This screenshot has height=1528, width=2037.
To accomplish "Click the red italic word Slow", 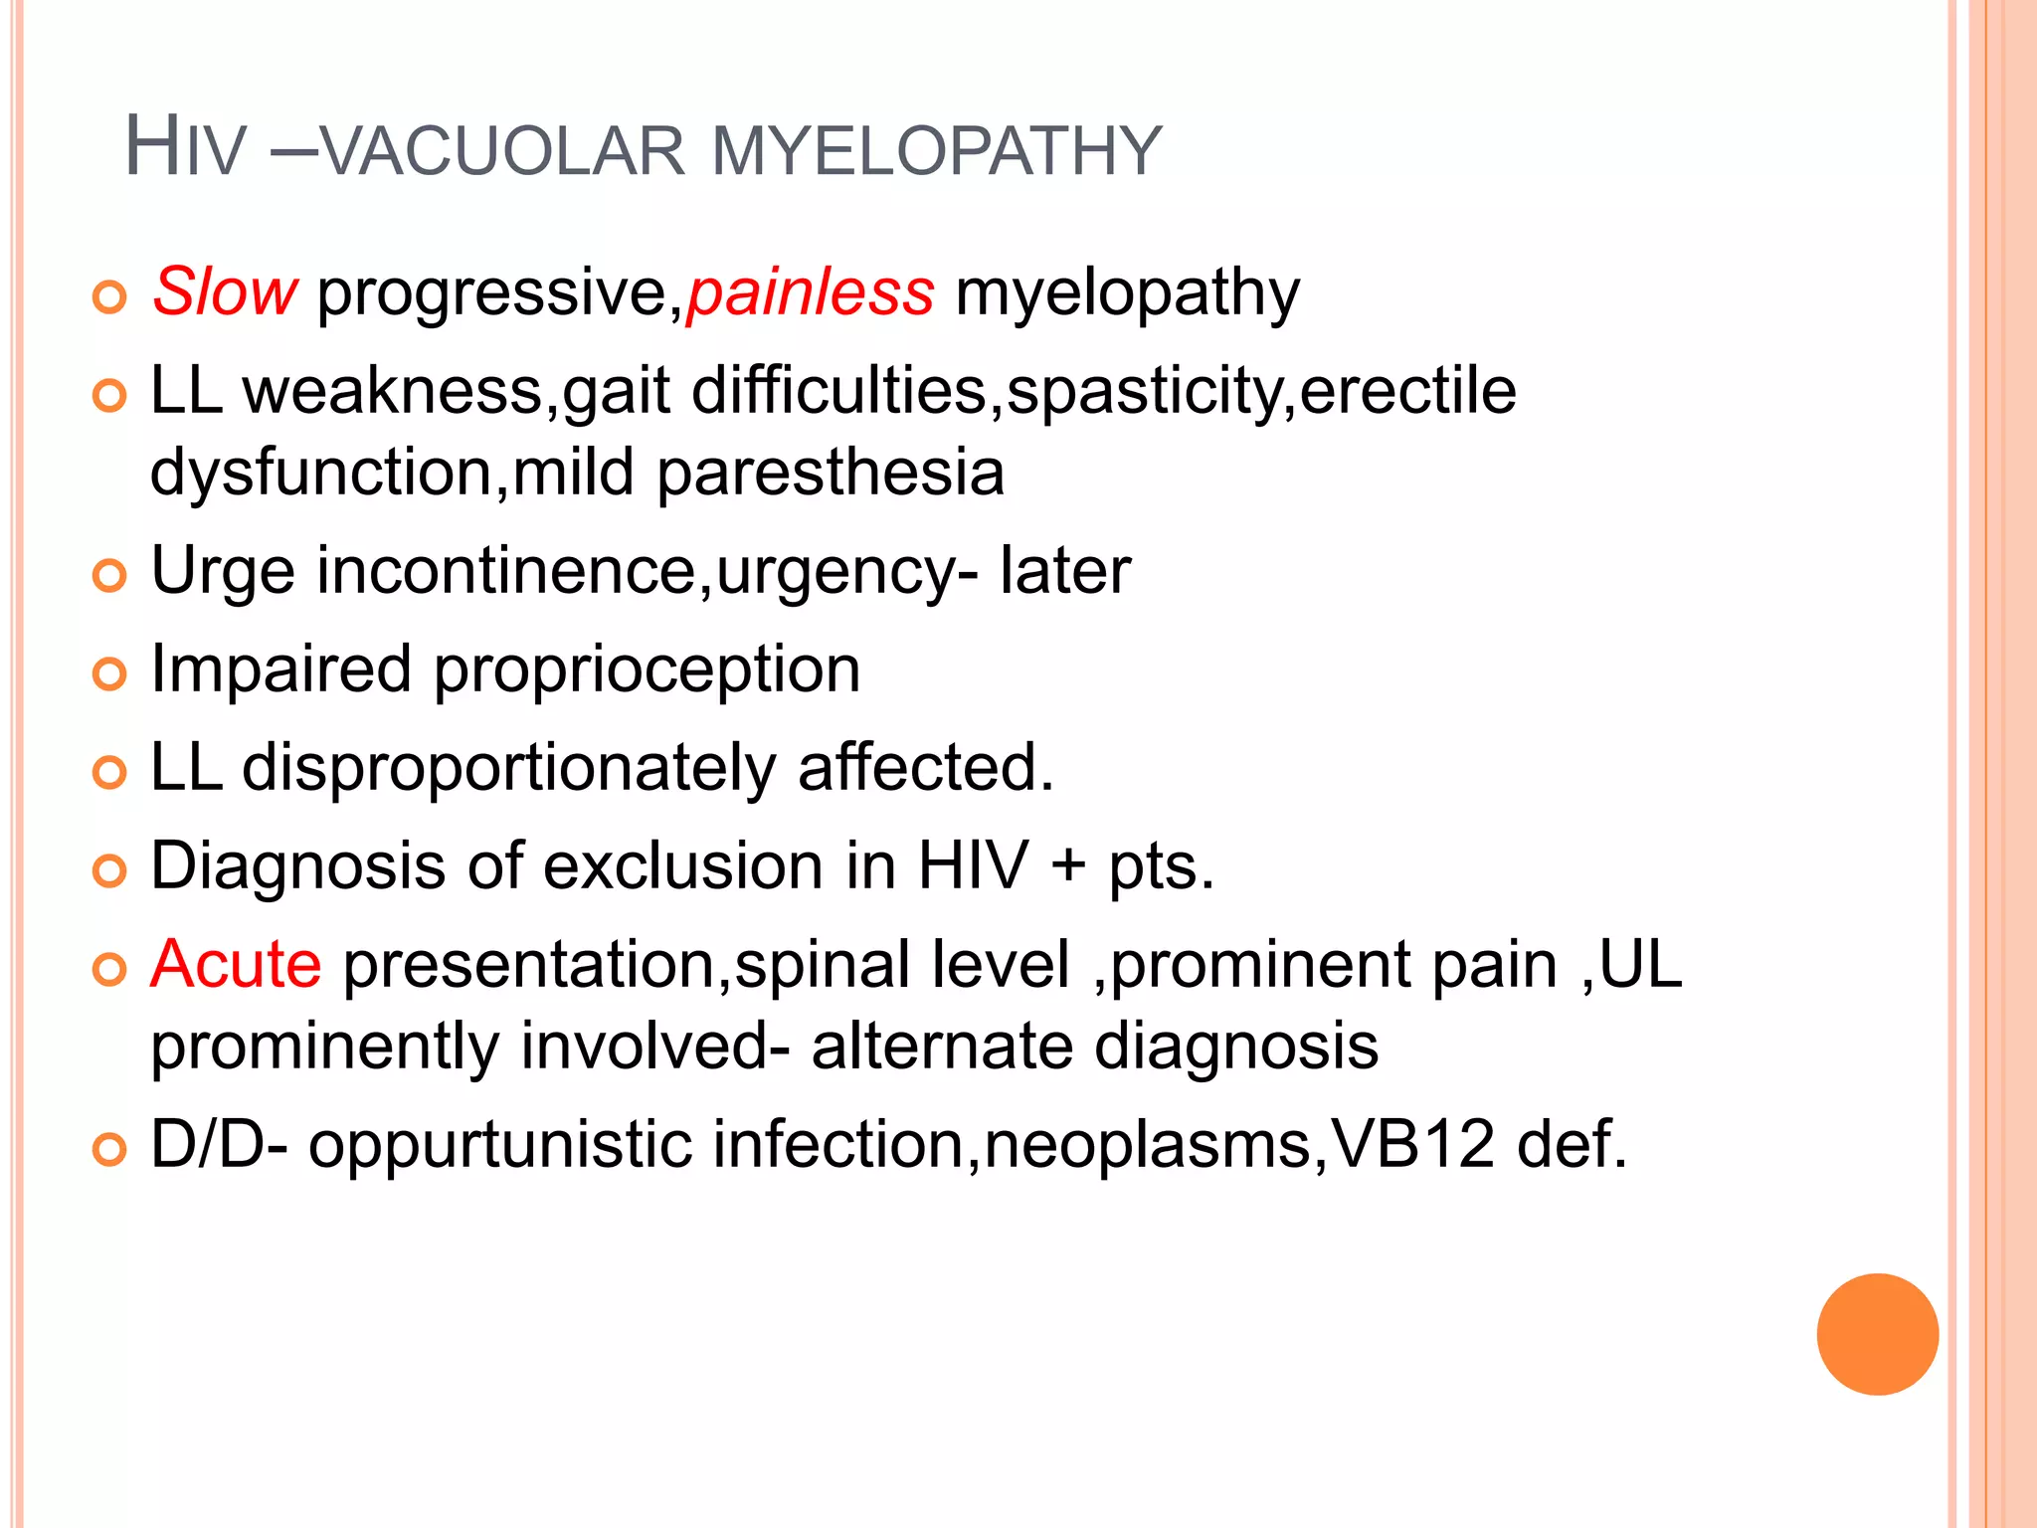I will (225, 292).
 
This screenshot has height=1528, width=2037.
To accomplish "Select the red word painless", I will (811, 292).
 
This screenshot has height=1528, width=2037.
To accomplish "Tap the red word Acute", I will (236, 964).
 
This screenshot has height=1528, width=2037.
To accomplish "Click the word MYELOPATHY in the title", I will (937, 151).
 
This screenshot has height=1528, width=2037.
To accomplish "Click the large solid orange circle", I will (1877, 1334).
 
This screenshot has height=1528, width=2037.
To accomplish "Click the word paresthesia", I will (831, 472).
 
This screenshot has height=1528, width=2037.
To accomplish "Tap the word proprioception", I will (647, 668).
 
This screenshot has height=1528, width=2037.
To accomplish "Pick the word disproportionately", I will (508, 768).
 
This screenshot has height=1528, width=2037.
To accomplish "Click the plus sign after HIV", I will (1068, 864).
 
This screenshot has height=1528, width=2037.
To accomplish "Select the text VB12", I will (1412, 1144).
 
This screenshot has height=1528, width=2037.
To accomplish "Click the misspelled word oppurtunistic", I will (500, 1146).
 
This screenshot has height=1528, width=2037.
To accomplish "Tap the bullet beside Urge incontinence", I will (109, 575).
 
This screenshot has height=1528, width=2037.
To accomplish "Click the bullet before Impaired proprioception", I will (109, 673).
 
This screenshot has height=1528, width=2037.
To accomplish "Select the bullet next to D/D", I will (109, 1149).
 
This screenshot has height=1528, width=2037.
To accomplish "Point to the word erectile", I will (1407, 390).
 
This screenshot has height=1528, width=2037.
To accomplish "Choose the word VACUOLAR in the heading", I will (503, 151).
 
